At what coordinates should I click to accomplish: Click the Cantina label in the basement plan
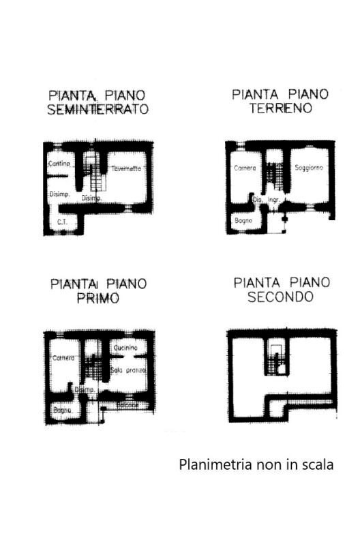point(59,164)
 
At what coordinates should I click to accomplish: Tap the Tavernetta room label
point(125,168)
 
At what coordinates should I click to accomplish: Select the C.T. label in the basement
point(61,222)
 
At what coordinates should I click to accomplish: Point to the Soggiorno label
point(309,168)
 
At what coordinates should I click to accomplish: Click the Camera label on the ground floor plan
point(245,168)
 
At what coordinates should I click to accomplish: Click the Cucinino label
point(126,348)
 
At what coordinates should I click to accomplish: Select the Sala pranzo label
point(130,370)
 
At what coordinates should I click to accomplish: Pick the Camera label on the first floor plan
point(62,358)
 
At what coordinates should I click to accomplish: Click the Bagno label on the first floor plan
point(62,410)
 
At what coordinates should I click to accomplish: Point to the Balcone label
point(127,405)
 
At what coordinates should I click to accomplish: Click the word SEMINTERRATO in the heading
point(98,110)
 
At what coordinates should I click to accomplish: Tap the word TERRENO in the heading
point(281,109)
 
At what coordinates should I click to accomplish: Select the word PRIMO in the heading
point(98,299)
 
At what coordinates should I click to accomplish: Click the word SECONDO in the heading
point(281,297)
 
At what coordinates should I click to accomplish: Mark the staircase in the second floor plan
point(277,361)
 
